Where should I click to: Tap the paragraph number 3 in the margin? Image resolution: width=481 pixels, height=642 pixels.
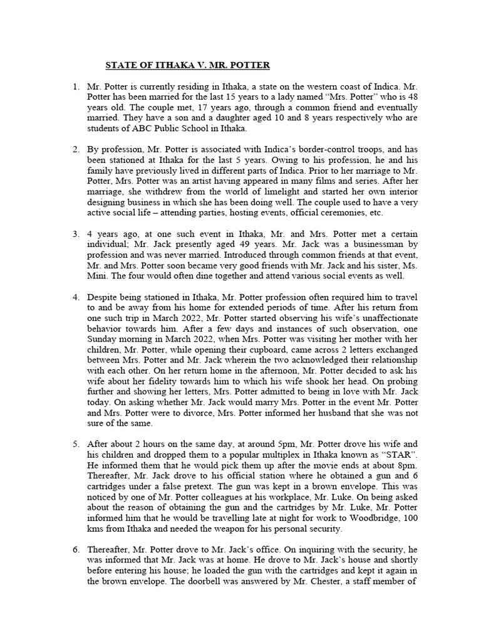[x=76, y=234]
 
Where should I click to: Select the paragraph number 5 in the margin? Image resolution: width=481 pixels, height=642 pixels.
[x=76, y=443]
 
